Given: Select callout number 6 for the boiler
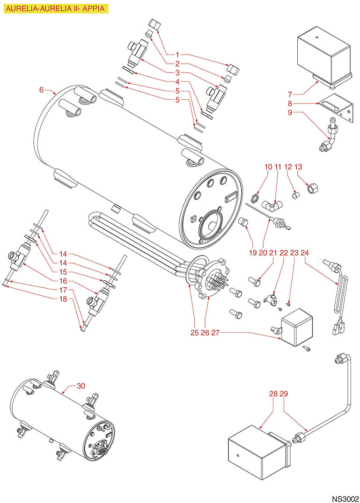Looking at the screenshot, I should [41, 89].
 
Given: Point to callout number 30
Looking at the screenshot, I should [81, 386].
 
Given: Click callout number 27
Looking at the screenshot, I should [215, 333].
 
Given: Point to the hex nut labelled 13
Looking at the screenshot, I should [311, 188].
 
